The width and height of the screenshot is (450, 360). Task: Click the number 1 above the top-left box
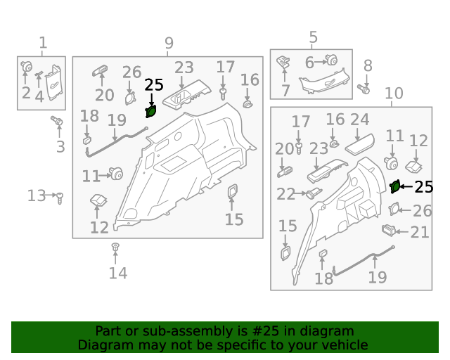43,43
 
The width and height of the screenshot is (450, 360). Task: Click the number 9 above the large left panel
169,43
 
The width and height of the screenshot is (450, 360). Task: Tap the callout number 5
314,37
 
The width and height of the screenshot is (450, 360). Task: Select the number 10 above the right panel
394,94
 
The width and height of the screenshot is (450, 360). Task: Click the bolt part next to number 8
364,89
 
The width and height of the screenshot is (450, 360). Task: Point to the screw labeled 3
57,120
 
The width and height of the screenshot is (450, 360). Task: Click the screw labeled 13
60,198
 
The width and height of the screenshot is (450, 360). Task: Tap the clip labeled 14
115,247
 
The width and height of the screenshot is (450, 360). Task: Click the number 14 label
118,273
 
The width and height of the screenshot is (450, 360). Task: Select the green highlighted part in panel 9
151,111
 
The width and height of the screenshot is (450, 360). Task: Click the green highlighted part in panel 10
395,186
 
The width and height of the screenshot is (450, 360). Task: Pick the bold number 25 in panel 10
424,187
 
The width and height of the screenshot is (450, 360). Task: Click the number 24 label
359,120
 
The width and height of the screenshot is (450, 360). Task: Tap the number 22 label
286,194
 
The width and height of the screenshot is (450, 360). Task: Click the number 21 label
420,232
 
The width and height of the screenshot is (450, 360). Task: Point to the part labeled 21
389,230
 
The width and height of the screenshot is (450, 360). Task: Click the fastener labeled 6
331,60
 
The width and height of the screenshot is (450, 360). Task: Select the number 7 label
285,91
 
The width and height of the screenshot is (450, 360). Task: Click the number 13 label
37,195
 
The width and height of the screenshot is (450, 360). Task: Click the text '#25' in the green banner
266,331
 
